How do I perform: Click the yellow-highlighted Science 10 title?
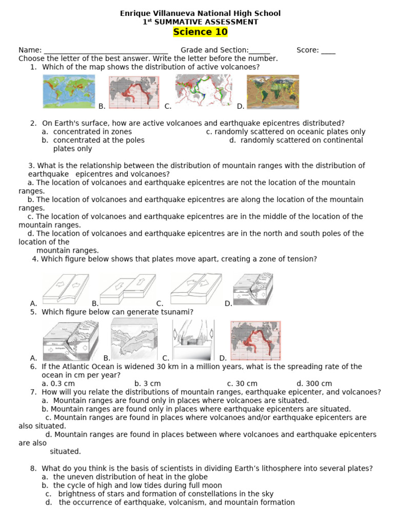(200, 32)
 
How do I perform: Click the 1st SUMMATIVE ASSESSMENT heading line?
(200, 22)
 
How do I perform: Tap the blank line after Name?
(106, 51)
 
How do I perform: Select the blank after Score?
(329, 51)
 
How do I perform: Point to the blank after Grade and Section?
(260, 51)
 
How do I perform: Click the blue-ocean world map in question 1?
(69, 91)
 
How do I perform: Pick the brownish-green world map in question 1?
(273, 91)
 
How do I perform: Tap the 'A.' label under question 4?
(34, 304)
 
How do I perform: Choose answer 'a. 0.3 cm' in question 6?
(58, 383)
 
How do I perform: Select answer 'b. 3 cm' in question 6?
(148, 383)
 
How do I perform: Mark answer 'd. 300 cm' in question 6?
(314, 383)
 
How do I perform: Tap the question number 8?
(33, 468)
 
